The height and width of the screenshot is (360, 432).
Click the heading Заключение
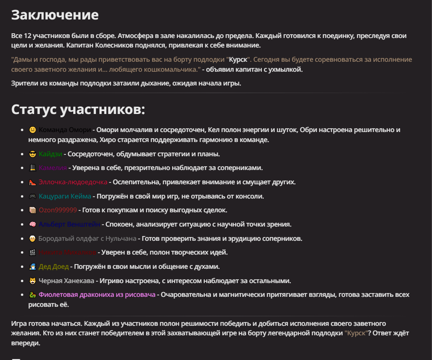coord(55,15)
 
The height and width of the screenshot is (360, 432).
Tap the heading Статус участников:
coord(78,109)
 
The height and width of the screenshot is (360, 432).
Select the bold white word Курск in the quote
coord(238,60)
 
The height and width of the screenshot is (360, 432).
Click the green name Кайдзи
coord(50,154)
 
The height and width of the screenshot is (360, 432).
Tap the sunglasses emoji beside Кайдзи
coord(32,154)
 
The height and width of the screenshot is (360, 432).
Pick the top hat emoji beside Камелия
coord(32,168)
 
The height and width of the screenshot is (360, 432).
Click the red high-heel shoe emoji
coord(32,182)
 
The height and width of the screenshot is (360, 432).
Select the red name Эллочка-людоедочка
coord(73,182)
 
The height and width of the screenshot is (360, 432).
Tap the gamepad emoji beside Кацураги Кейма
coord(32,196)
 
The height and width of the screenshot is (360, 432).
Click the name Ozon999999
coord(58,210)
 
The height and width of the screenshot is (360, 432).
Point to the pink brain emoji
coord(32,224)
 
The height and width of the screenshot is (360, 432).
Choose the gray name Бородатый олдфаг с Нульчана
coord(87,238)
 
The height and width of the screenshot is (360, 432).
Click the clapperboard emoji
coord(32,252)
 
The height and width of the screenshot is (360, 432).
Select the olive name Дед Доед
coord(54,266)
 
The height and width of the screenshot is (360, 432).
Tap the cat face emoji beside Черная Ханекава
coord(32,281)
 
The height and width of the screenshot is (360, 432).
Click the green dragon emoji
coord(32,294)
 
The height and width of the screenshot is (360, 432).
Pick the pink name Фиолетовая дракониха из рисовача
coord(97,294)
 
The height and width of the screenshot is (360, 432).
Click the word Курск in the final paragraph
coord(356,333)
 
